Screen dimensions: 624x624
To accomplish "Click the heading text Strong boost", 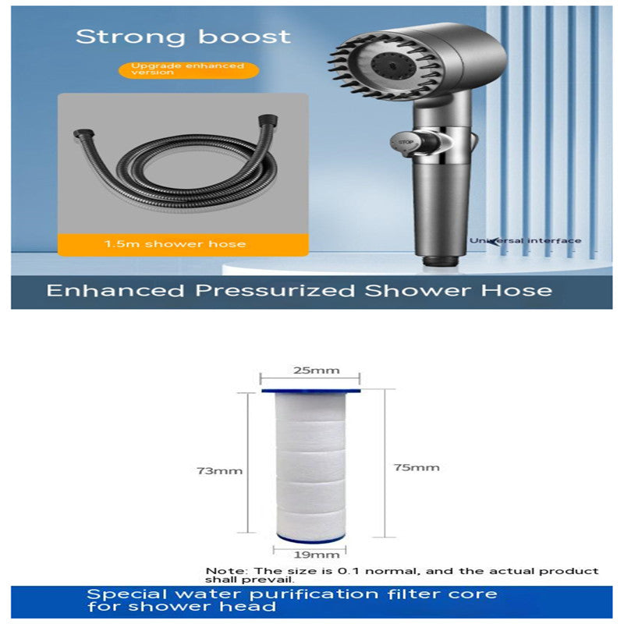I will (183, 36).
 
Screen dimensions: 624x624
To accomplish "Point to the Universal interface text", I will (524, 240).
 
